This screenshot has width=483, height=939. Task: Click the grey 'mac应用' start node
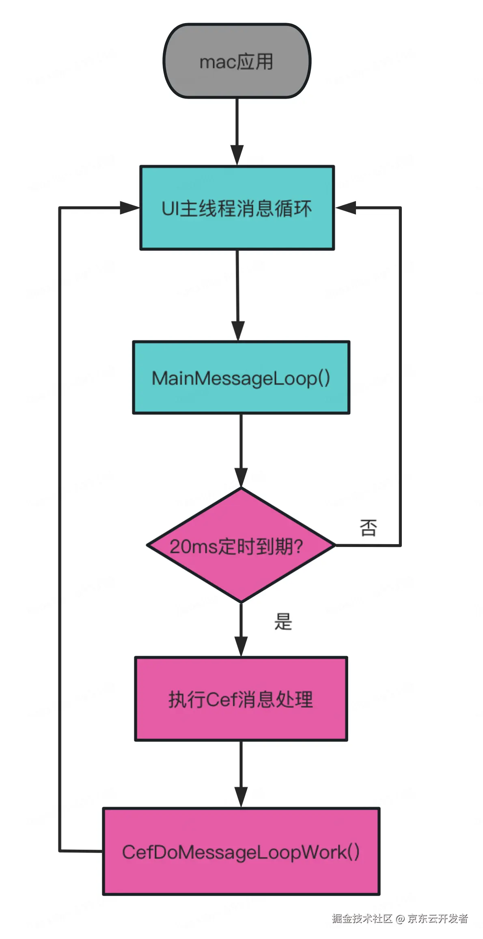coord(237,61)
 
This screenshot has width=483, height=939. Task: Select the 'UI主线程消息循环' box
coord(237,208)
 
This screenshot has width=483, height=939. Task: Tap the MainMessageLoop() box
coord(241,377)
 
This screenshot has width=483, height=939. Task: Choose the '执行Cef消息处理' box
coord(241,699)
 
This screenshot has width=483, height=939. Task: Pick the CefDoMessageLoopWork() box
coord(241,851)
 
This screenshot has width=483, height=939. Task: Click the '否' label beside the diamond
coord(368,528)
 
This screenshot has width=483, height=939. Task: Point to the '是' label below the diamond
coord(283,621)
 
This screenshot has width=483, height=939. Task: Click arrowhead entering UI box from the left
coord(130,208)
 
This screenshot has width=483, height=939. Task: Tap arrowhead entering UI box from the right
coord(346,208)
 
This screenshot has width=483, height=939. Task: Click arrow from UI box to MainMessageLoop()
coord(237,292)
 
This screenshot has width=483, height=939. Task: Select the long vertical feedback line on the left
coord(60,528)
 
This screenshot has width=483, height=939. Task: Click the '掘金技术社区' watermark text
coord(362,919)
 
